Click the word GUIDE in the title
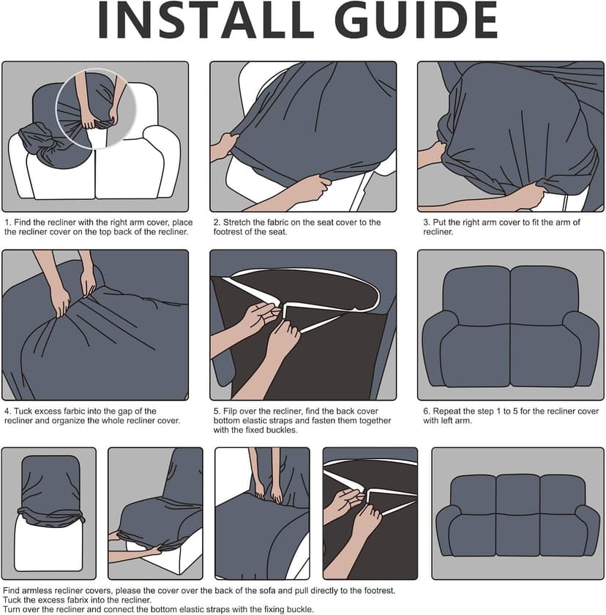point(416,20)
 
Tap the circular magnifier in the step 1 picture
point(97,109)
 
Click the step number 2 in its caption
point(216,223)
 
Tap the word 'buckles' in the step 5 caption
point(284,430)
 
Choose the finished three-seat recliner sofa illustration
point(517,515)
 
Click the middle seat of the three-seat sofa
point(517,515)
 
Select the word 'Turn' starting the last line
point(10,609)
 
